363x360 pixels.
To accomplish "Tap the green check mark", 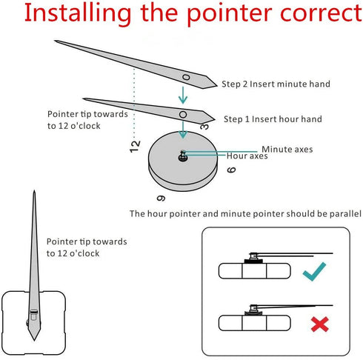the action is coord(314,271).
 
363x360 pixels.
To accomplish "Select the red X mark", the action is coord(320,324).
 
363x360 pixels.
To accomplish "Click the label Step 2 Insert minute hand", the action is coord(276,84).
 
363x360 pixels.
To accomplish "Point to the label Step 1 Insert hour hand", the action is coord(273,119).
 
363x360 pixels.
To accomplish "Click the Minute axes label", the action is coord(287,149).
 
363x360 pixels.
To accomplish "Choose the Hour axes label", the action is coord(247,156).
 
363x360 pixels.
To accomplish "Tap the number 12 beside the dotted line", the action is coord(135,147).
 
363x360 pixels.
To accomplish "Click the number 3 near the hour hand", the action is coord(204,127).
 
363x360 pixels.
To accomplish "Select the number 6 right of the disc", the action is coord(231,170).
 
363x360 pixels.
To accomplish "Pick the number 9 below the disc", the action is coord(161,198).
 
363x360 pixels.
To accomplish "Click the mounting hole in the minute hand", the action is coord(186,77).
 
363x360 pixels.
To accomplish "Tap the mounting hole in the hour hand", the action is coord(183,115).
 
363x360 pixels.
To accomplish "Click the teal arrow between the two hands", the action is coord(183,95).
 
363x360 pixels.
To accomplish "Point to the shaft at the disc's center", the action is coord(183,156).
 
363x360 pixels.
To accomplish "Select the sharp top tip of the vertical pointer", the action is coord(34,190).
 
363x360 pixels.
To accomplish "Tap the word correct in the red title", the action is coord(321,13).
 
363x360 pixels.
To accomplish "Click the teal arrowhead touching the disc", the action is coord(183,134).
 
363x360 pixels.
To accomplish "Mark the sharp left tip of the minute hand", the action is coord(55,41).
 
